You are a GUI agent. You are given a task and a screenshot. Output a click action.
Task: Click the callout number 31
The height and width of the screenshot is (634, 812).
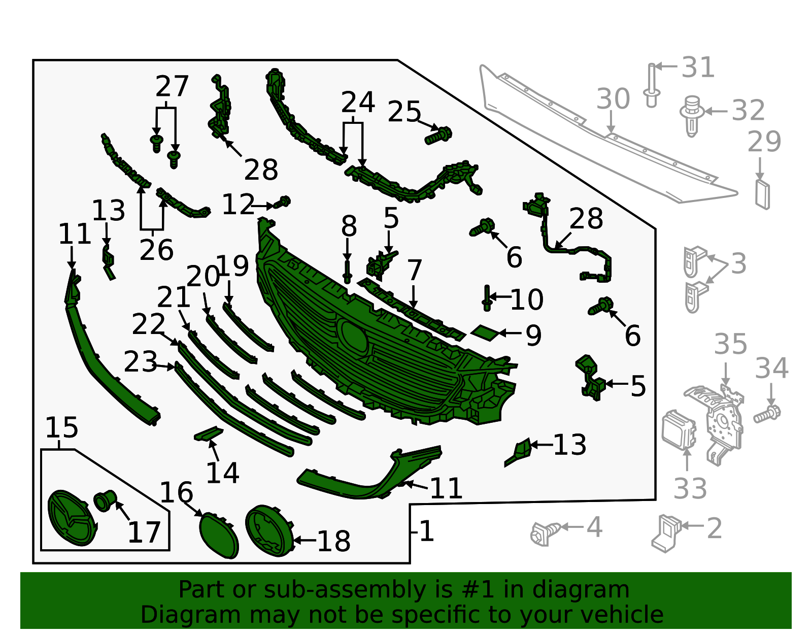pos(698,68)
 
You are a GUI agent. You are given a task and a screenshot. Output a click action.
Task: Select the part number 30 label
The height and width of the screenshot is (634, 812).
pos(613,99)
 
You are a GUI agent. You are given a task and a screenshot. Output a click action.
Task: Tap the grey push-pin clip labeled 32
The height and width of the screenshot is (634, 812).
pos(691,116)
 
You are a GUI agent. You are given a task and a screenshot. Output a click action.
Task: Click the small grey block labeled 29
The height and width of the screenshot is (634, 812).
pos(762,194)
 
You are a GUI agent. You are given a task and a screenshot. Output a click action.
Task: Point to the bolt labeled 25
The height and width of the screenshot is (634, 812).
pos(438,136)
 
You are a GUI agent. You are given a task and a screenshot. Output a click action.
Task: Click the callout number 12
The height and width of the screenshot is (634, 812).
pos(238,205)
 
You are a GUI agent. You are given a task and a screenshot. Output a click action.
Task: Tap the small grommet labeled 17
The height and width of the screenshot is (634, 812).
pos(105,500)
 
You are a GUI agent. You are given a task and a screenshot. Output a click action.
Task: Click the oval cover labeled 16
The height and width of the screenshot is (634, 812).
pos(219,535)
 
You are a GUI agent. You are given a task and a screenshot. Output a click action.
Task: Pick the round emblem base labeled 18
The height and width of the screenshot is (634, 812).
pos(269,530)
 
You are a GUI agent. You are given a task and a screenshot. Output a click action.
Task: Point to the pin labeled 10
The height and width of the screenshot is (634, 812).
pos(487,297)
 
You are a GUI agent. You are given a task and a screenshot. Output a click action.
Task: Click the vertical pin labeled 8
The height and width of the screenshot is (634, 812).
pos(348,272)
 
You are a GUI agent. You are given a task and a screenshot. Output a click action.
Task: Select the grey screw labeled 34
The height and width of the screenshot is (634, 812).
pos(767,414)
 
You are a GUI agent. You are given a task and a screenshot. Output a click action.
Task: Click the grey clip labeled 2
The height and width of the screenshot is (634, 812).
pos(666,533)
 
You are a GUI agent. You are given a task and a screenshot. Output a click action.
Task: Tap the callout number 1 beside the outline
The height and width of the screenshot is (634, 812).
pos(427,531)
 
